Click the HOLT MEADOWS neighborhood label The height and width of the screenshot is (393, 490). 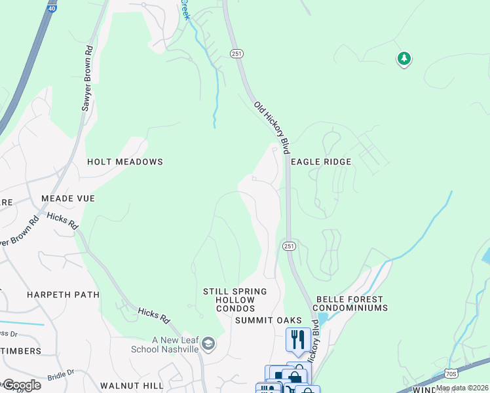124,161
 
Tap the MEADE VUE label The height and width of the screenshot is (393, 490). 68,198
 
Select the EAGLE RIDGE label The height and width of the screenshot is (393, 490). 321,161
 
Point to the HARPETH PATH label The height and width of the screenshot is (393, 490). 63,295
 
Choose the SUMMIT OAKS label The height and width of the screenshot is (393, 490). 269,320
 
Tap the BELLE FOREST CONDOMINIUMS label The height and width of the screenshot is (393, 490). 350,303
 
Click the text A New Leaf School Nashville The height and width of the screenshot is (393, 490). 175,345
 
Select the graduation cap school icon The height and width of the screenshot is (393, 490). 208,344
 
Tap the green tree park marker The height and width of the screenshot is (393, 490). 404,59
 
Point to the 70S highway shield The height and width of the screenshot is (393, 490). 450,373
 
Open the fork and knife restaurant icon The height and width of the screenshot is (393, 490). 298,339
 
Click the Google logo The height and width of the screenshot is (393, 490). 21,385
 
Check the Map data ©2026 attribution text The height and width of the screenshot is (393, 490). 462,388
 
